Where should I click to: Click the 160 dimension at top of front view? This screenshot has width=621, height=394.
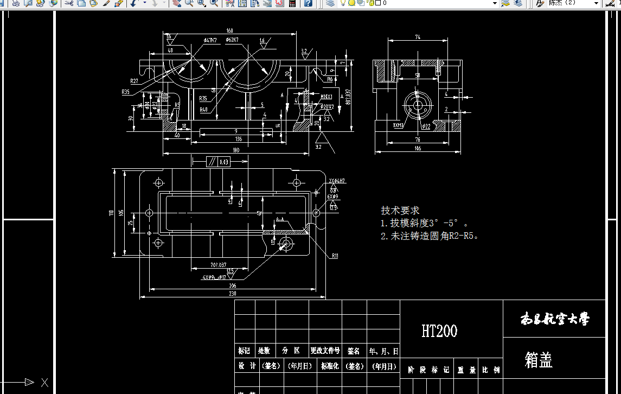pyautogui.click(x=229, y=30)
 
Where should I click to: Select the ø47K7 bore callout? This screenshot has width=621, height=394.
pyautogui.click(x=210, y=40)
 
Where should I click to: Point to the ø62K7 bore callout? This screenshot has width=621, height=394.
pyautogui.click(x=232, y=40)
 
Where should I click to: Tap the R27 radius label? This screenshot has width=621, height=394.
pyautogui.click(x=133, y=81)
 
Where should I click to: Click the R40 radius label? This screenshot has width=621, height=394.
pyautogui.click(x=203, y=110)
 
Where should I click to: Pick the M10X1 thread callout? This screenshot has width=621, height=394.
pyautogui.click(x=326, y=97)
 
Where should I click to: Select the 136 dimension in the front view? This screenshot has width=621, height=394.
pyautogui.click(x=238, y=139)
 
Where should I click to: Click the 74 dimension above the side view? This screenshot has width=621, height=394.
pyautogui.click(x=418, y=37)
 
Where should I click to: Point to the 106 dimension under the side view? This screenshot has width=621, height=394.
pyautogui.click(x=418, y=148)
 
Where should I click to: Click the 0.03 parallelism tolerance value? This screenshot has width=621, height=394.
pyautogui.click(x=223, y=162)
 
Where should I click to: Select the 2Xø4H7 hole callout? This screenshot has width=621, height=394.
pyautogui.click(x=337, y=181)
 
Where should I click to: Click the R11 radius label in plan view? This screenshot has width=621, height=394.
pyautogui.click(x=335, y=256)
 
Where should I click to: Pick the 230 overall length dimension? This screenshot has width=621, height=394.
pyautogui.click(x=233, y=294)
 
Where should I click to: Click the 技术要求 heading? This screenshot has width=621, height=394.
pyautogui.click(x=400, y=211)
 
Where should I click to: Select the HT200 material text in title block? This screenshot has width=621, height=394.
pyautogui.click(x=439, y=331)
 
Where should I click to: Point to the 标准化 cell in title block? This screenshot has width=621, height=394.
pyautogui.click(x=330, y=366)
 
